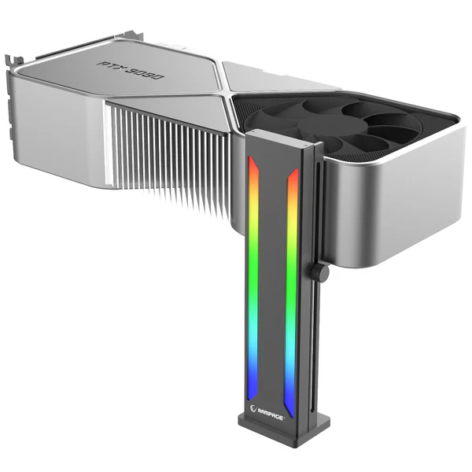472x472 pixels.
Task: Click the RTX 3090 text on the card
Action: (x=131, y=69)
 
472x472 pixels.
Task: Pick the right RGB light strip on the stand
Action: (x=291, y=291)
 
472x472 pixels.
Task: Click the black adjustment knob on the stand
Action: (x=319, y=273)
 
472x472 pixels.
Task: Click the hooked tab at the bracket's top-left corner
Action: (x=9, y=60)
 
